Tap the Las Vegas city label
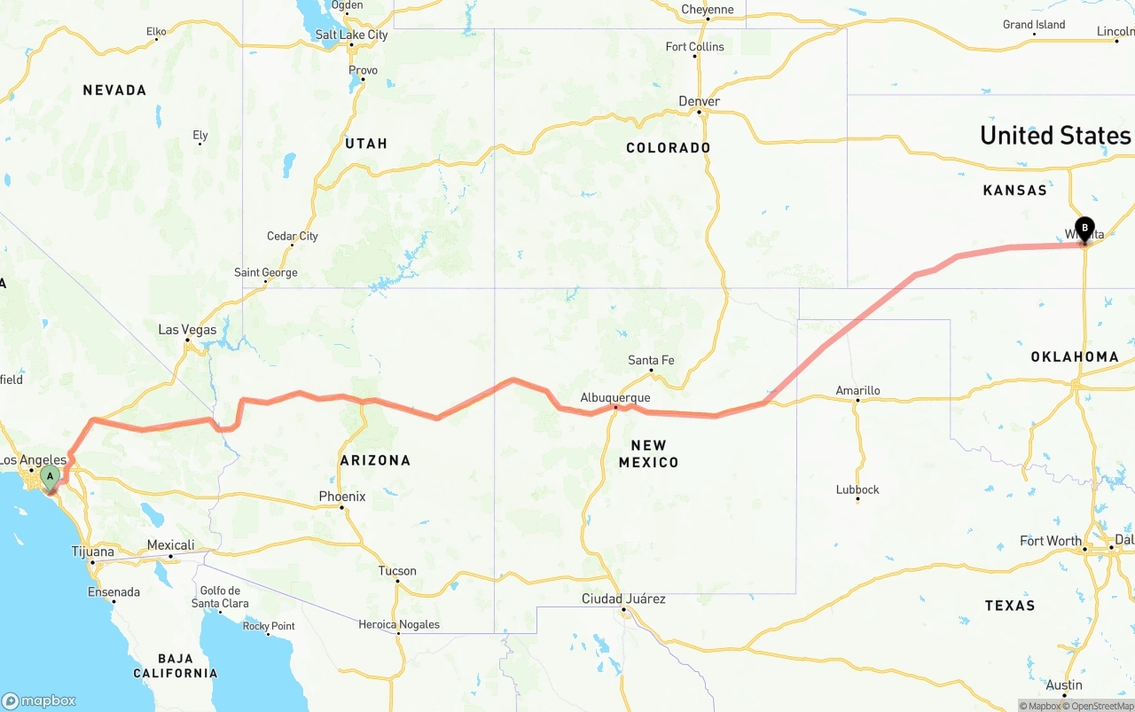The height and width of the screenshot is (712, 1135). tap(187, 330)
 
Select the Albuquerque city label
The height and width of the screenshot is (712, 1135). tap(615, 398)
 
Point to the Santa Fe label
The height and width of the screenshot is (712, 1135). tap(651, 360)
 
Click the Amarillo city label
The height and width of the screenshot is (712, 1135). tap(857, 390)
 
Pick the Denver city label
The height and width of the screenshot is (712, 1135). tap(699, 101)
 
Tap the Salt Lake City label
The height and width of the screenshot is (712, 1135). tap(351, 35)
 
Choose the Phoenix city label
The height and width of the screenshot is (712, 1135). tap(342, 497)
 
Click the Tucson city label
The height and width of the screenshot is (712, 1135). tap(397, 571)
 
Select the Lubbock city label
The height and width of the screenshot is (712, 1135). tap(857, 489)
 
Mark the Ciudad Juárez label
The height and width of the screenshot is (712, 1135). tap(623, 599)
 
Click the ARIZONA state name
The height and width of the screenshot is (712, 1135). tap(375, 460)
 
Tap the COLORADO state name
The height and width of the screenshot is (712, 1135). tap(668, 147)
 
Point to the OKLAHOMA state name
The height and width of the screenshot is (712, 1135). tap(1074, 356)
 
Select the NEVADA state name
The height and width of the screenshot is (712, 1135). tap(114, 90)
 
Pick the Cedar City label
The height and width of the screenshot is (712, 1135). tap(293, 236)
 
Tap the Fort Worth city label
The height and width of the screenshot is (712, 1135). tap(1051, 541)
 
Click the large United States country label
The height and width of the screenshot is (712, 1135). tap(1055, 135)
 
